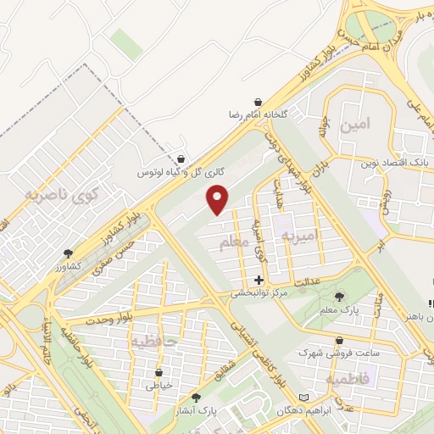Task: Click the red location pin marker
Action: tap(219, 199)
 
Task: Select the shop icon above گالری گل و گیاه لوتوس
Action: tap(181, 159)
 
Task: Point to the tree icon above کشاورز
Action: tap(68, 253)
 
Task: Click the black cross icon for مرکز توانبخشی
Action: tap(259, 280)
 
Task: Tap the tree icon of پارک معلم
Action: tap(339, 297)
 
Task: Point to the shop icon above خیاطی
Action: tap(159, 371)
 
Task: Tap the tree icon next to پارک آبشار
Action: tap(197, 397)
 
